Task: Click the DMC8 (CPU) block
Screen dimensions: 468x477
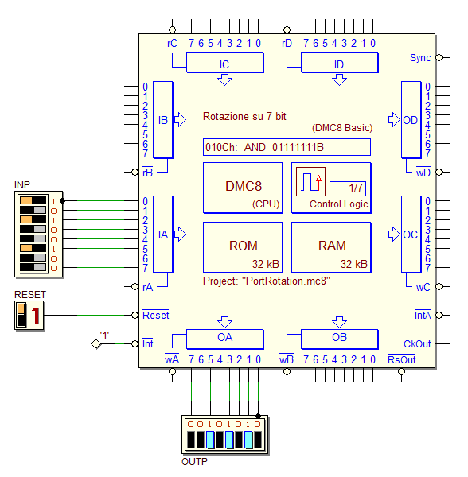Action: pyautogui.click(x=243, y=188)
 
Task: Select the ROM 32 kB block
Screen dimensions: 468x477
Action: pyautogui.click(x=243, y=247)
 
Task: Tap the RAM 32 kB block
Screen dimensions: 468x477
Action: pyautogui.click(x=332, y=247)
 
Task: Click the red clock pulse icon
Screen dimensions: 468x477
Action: pyautogui.click(x=310, y=181)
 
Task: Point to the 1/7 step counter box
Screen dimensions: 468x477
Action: pyautogui.click(x=348, y=188)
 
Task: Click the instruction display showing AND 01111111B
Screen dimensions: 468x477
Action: pyautogui.click(x=287, y=147)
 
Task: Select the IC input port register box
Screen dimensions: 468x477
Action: pyautogui.click(x=225, y=63)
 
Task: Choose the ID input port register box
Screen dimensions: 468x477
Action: pyautogui.click(x=340, y=63)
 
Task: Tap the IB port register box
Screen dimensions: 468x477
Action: pyautogui.click(x=163, y=120)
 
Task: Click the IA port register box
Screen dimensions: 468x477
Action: pyautogui.click(x=163, y=235)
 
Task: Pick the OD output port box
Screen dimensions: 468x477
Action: pyautogui.click(x=411, y=120)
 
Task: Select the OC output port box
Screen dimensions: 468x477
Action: pyautogui.click(x=411, y=235)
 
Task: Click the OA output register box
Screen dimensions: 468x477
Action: pyautogui.click(x=225, y=339)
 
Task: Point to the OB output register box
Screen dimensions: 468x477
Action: pyautogui.click(x=340, y=339)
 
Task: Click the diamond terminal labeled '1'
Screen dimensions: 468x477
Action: pyautogui.click(x=96, y=344)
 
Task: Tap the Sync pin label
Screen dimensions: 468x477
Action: pyautogui.click(x=420, y=57)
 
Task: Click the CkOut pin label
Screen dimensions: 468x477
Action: pyautogui.click(x=417, y=344)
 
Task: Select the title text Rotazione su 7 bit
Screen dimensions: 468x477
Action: pyautogui.click(x=244, y=117)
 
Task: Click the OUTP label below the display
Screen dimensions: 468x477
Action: pyautogui.click(x=194, y=462)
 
